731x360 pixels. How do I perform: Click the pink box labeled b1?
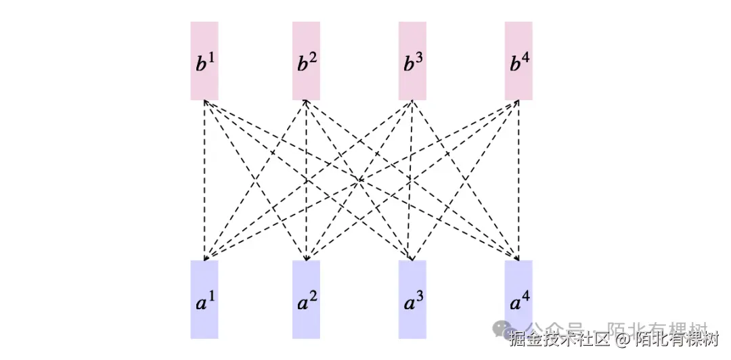tap(204, 61)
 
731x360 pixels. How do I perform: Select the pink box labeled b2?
tap(306, 61)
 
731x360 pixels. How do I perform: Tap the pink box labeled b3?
tap(412, 61)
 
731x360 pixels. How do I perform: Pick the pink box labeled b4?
tap(518, 61)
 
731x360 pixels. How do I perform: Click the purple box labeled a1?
tap(204, 299)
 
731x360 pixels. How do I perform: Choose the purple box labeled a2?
tap(306, 299)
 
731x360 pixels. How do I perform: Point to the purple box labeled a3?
tap(412, 299)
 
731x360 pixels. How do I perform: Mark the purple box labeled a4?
tap(518, 299)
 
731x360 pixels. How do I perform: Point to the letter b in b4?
tap(514, 66)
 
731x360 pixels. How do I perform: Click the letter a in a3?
tap(407, 304)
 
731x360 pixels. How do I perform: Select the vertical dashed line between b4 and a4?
tap(518, 179)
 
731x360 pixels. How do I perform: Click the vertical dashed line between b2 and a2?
tap(306, 179)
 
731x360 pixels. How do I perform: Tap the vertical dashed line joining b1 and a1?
tap(204, 179)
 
